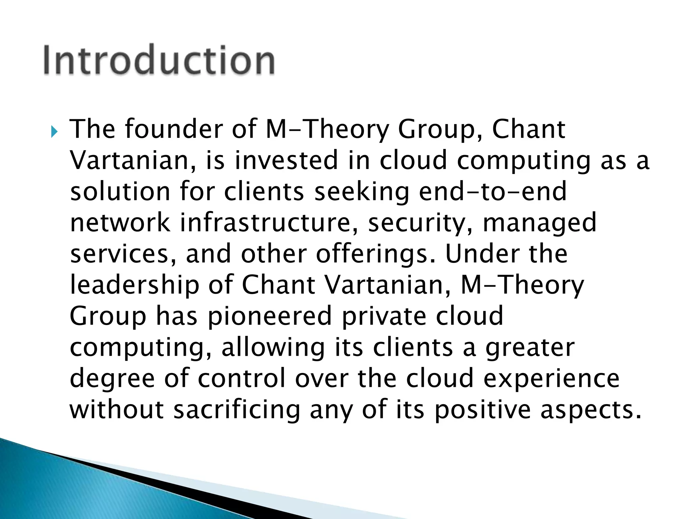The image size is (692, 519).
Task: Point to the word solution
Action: point(120,191)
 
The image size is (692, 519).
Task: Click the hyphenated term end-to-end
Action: point(492,191)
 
